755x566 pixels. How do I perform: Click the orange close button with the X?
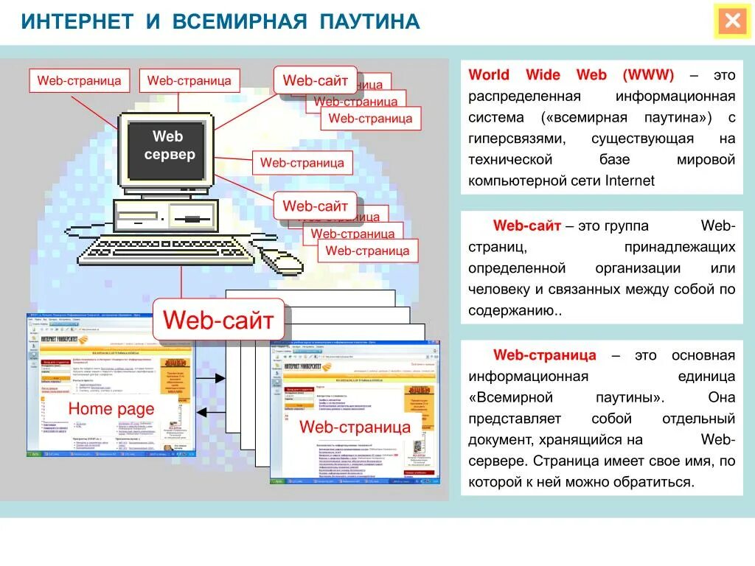[733, 21]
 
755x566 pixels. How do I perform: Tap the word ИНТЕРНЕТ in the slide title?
[77, 21]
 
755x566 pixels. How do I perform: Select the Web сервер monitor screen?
[167, 149]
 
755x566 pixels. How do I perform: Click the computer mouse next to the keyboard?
[281, 259]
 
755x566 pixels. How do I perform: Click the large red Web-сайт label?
[218, 320]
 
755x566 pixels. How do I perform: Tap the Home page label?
[111, 409]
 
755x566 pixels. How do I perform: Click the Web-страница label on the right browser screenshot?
[355, 427]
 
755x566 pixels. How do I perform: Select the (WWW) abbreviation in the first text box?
[648, 75]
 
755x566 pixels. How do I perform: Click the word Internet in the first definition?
[629, 181]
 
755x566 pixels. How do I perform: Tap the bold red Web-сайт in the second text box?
[527, 226]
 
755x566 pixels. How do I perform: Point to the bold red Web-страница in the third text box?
[544, 355]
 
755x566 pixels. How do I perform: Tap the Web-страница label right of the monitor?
[302, 163]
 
